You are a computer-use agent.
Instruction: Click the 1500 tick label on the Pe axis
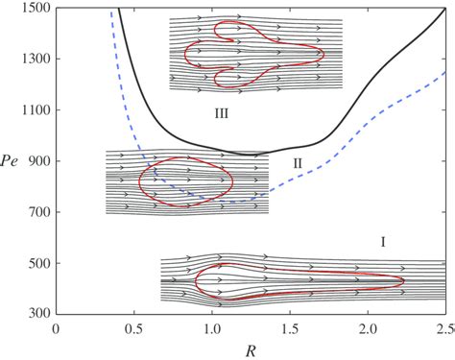36,9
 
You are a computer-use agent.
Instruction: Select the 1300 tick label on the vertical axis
36,60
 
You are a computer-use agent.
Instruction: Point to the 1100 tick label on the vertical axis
36,110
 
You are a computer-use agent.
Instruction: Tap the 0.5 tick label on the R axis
134,328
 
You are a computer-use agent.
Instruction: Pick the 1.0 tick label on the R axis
212,328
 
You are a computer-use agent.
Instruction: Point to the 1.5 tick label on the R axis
290,328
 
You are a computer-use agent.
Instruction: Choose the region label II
298,164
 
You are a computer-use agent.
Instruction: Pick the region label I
383,242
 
